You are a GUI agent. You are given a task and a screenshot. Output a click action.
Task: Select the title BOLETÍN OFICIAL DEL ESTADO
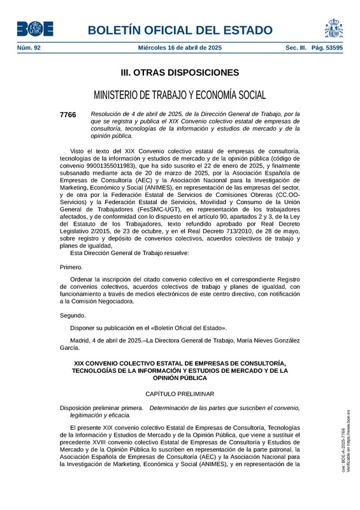(x=180, y=30)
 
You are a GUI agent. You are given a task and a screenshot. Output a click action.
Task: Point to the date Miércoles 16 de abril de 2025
(x=180, y=48)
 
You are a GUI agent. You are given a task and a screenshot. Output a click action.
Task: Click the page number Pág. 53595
(x=328, y=48)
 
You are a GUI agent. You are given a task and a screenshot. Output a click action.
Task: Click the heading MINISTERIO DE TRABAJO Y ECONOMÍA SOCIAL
(x=180, y=96)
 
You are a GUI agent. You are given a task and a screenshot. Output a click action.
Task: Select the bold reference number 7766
(x=68, y=115)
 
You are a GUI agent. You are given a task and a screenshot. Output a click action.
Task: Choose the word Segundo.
(x=73, y=316)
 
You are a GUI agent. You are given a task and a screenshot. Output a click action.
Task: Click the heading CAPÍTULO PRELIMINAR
(x=180, y=394)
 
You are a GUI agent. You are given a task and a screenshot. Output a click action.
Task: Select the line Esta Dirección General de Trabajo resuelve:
(x=129, y=253)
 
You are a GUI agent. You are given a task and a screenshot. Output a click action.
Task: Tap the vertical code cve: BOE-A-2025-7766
(x=342, y=449)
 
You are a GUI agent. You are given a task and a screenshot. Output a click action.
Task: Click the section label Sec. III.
(x=296, y=48)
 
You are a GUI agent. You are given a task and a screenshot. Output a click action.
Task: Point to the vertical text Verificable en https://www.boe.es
(x=349, y=440)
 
